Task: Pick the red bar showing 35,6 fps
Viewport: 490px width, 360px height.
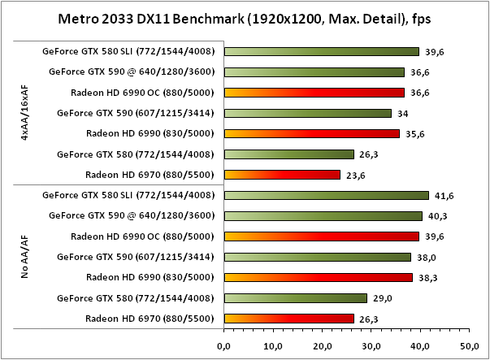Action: (x=311, y=133)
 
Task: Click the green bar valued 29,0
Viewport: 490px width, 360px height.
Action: (x=295, y=298)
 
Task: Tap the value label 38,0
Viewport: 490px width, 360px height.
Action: (x=426, y=257)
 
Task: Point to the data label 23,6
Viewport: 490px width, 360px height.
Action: (x=354, y=175)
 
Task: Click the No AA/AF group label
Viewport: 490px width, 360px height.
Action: (x=26, y=257)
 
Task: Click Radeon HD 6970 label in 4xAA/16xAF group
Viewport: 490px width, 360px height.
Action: (x=150, y=175)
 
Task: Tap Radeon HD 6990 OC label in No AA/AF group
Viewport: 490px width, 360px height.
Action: (x=143, y=236)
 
